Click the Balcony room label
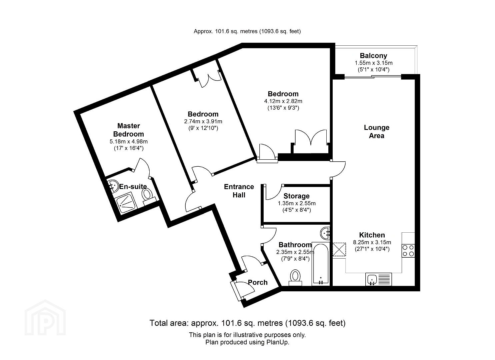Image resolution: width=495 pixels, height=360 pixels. tap(373, 56)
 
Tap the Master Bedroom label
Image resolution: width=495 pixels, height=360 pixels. tap(129, 130)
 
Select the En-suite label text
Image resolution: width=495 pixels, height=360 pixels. tap(133, 187)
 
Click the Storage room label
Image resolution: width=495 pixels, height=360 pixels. tap(296, 196)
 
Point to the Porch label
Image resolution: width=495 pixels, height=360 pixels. tap(258, 282)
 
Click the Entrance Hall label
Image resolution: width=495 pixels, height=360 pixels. tap(239, 191)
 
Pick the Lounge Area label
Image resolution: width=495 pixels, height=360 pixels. tap(377, 131)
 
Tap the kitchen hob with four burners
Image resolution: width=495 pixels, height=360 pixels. tap(408, 251)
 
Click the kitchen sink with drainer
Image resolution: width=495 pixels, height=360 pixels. tap(378, 279)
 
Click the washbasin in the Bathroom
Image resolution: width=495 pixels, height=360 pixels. tap(325, 233)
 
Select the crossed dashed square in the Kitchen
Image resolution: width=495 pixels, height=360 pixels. tap(339, 249)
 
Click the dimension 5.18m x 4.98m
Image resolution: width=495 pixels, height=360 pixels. tap(129, 141)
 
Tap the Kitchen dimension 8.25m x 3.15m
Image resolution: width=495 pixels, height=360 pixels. tap(372, 242)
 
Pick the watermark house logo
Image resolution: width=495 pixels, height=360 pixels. tap(45, 318)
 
